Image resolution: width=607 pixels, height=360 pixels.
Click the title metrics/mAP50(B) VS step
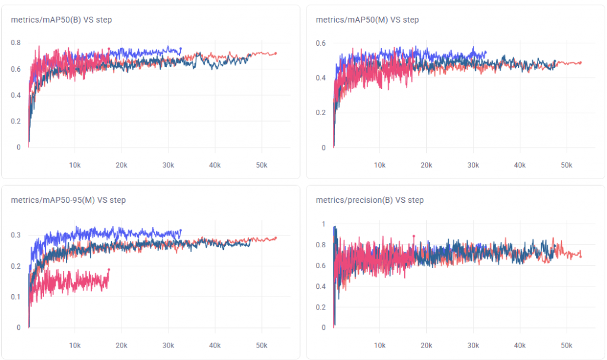click(x=61, y=20)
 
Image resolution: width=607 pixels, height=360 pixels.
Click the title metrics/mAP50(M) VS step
click(x=367, y=20)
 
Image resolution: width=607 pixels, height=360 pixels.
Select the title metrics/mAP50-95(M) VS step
click(x=68, y=200)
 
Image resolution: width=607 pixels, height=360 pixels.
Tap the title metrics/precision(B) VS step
click(x=369, y=200)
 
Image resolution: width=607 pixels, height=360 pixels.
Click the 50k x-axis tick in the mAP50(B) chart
click(x=261, y=164)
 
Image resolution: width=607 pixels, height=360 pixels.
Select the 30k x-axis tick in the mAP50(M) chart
click(x=472, y=164)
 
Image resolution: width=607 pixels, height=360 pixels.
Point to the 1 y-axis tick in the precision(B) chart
click(x=323, y=224)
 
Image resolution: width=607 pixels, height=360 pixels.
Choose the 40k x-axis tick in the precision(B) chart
click(x=519, y=345)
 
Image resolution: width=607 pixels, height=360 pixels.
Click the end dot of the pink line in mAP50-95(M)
click(x=108, y=270)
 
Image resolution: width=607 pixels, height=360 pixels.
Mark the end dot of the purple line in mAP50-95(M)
click(x=181, y=231)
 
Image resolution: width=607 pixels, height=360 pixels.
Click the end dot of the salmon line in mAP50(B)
click(x=276, y=53)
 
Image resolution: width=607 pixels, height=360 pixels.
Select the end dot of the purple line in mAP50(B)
click(x=181, y=49)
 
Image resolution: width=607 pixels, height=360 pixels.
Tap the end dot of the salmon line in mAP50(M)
click(x=580, y=62)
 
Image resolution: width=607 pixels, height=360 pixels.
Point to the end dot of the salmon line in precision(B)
click(x=580, y=256)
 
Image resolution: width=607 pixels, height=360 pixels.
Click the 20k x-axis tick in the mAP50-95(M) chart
click(x=122, y=345)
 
